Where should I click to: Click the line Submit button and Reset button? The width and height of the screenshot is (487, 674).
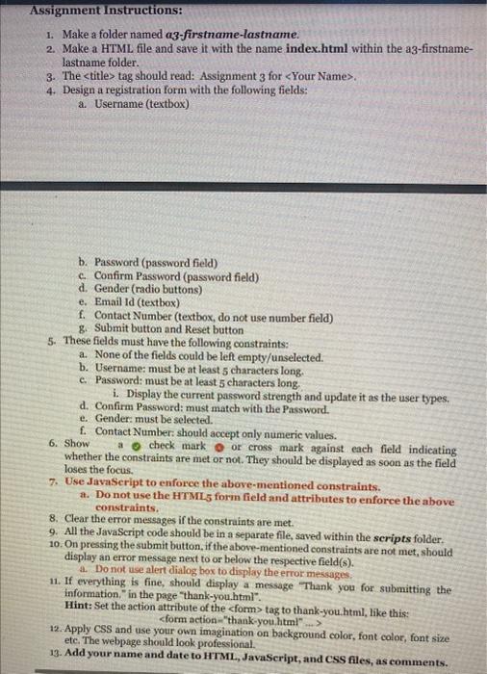[x=167, y=328]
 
